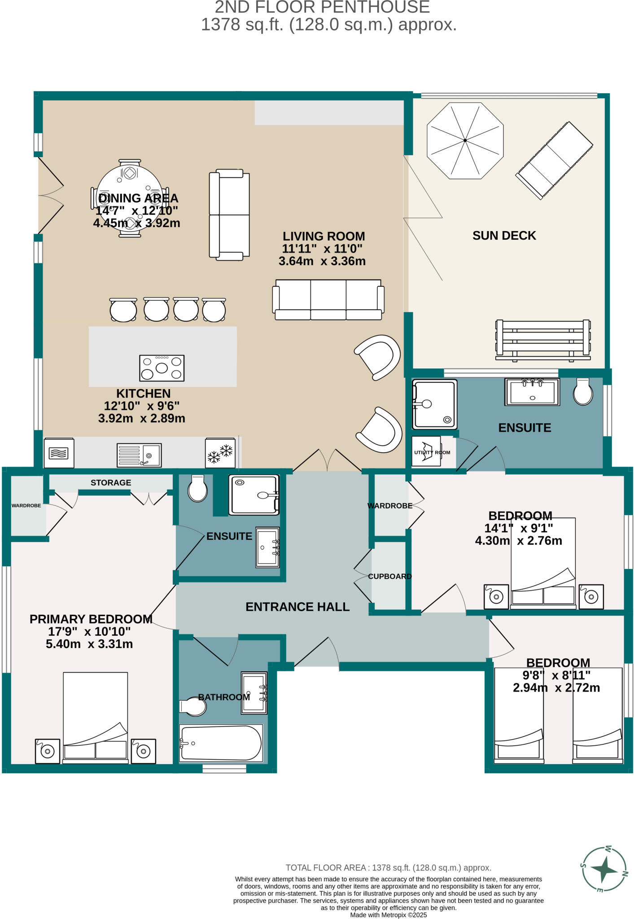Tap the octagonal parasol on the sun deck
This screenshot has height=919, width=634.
[465, 140]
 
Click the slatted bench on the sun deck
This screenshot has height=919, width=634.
[543, 340]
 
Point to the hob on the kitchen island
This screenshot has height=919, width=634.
[162, 368]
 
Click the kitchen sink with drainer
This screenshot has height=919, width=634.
[139, 455]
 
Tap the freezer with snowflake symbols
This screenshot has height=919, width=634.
[220, 453]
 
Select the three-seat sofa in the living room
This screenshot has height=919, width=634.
[328, 299]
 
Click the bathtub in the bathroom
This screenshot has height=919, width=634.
[220, 743]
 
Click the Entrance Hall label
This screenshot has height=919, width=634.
[297, 607]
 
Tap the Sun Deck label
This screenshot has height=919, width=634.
[504, 236]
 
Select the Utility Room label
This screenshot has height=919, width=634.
[432, 452]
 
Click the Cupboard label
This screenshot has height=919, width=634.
[389, 576]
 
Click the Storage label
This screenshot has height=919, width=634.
[111, 482]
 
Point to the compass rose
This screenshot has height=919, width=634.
[604, 870]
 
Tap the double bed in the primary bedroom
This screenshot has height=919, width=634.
[95, 717]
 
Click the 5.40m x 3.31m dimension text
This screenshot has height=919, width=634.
[89, 644]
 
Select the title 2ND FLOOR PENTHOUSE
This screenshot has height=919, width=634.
[322, 7]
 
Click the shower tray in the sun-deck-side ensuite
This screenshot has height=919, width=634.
[434, 404]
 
